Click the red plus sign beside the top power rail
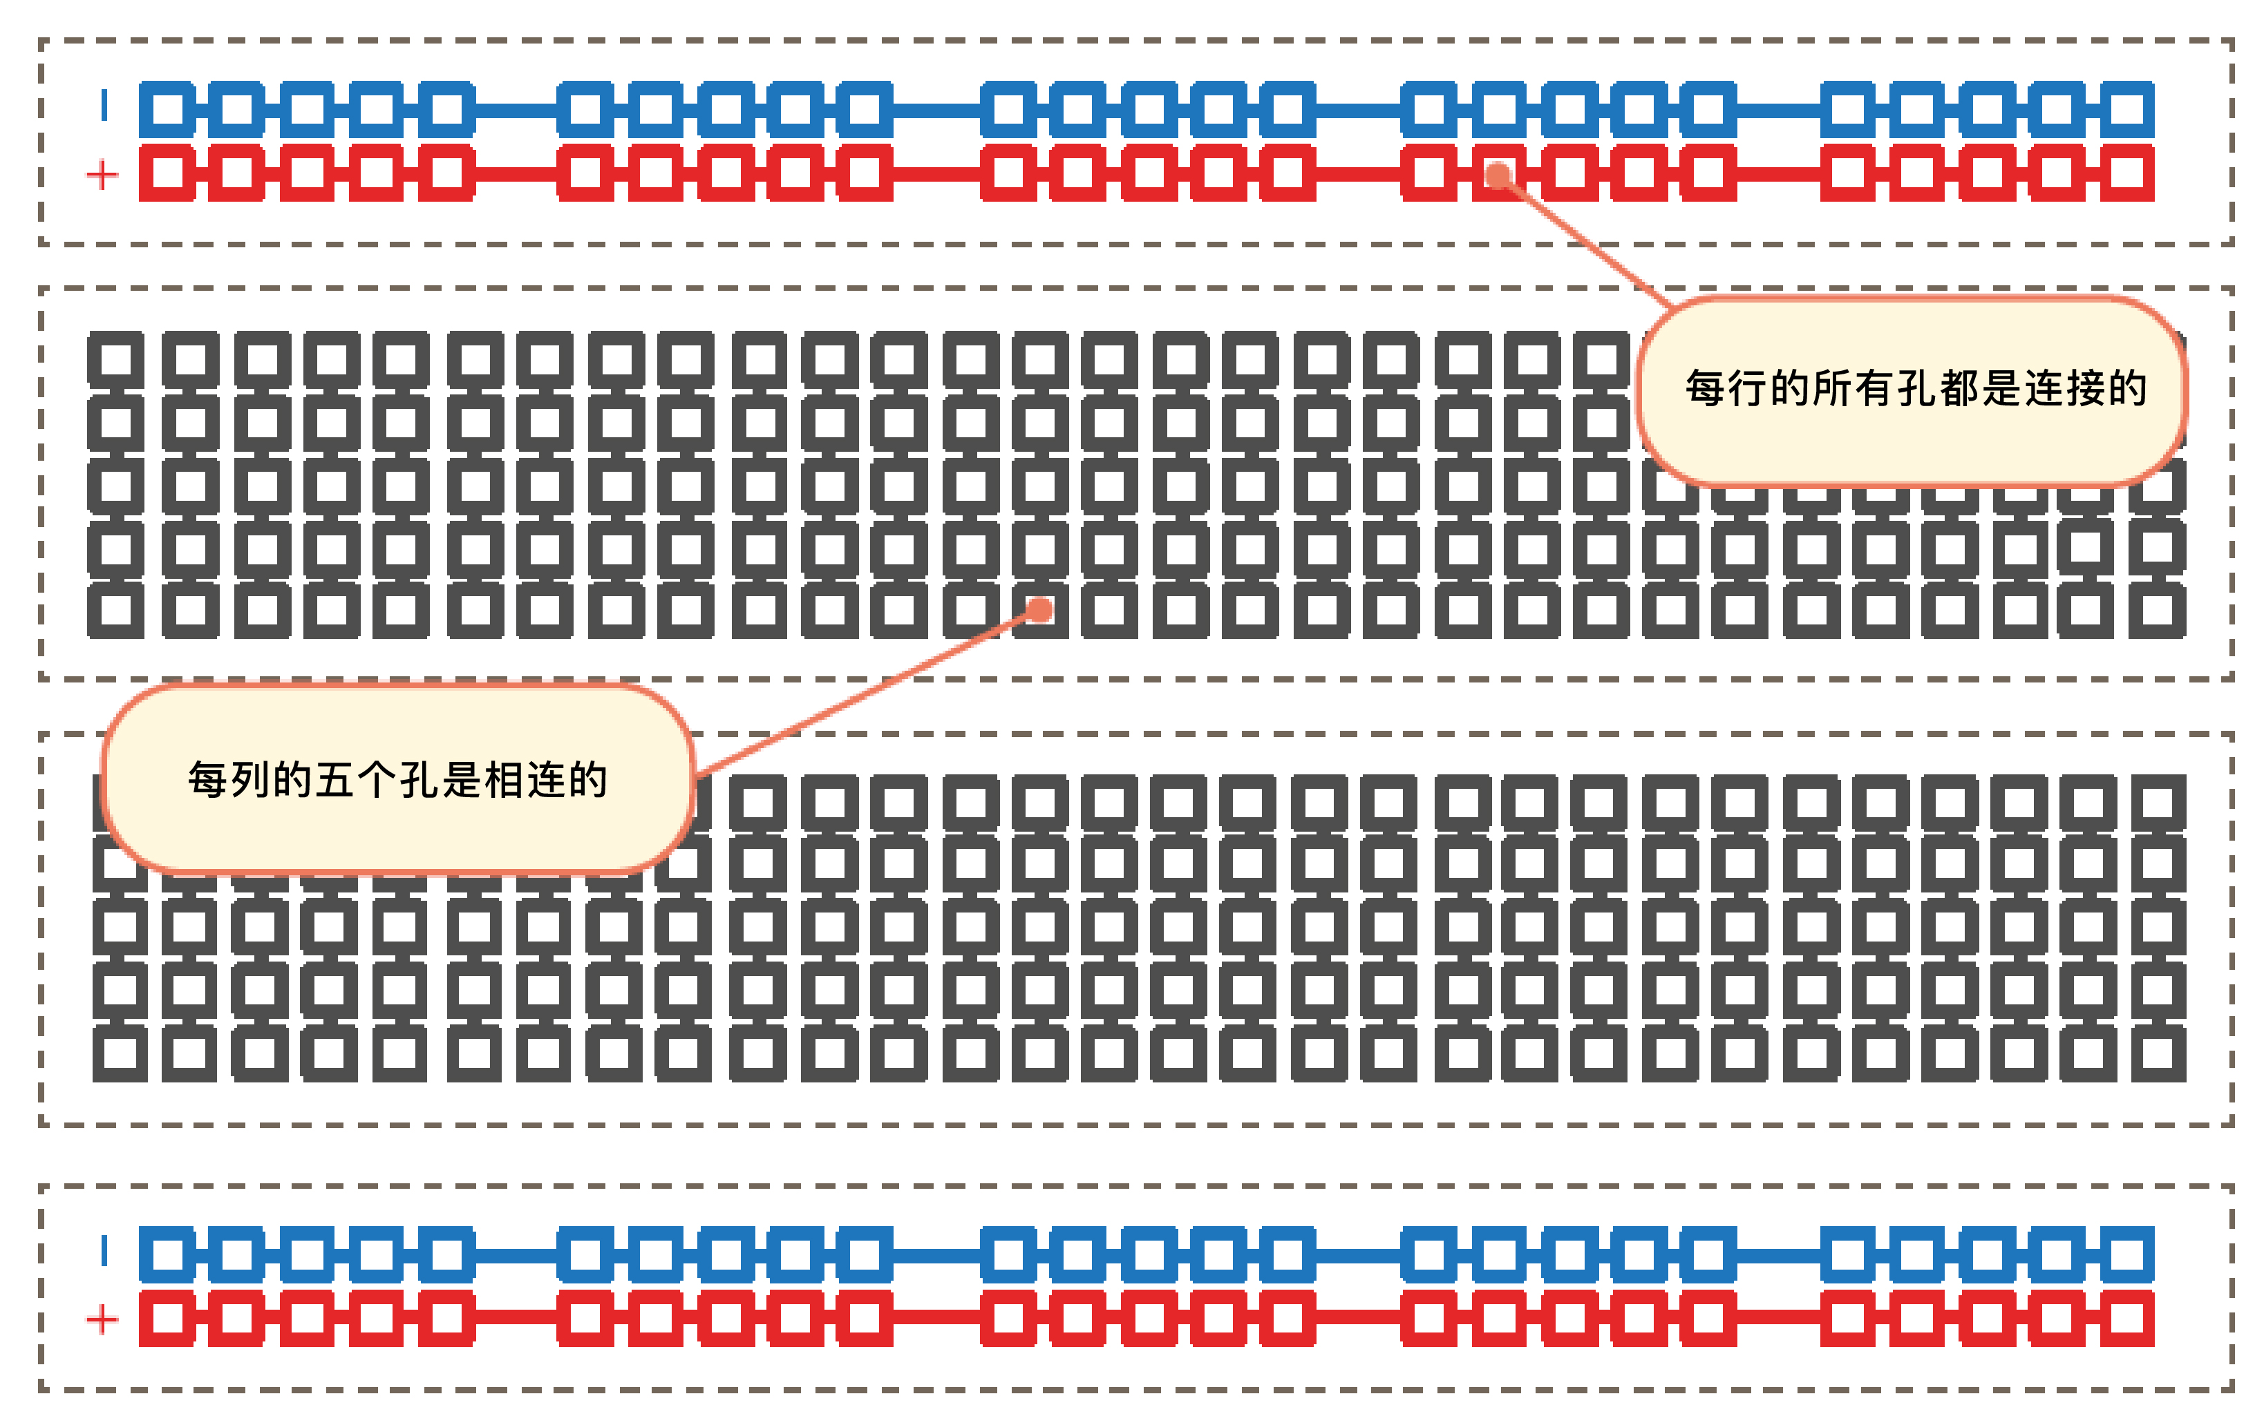[x=102, y=175]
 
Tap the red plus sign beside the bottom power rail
[x=102, y=1319]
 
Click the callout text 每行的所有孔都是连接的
[x=1915, y=389]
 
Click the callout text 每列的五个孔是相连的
[x=397, y=780]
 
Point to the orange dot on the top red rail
[x=1498, y=175]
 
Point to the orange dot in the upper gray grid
[x=1039, y=611]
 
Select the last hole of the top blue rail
[x=2126, y=109]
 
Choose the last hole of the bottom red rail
[x=2126, y=1319]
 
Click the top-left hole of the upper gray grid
[x=116, y=360]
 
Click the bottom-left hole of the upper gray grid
[x=116, y=611]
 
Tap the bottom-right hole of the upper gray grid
[x=2158, y=611]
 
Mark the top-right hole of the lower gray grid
[x=2158, y=803]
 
